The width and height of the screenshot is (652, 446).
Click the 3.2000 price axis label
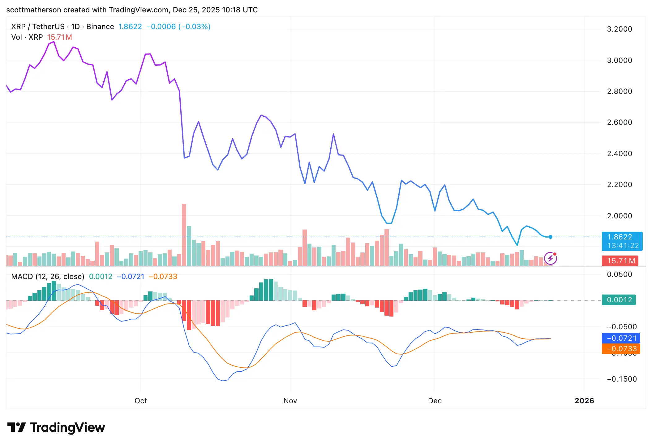pyautogui.click(x=619, y=29)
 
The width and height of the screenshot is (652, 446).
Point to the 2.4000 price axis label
pyautogui.click(x=619, y=154)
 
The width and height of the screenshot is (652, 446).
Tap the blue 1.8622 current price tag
pyautogui.click(x=622, y=241)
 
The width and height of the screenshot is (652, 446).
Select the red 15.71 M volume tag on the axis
pyautogui.click(x=621, y=261)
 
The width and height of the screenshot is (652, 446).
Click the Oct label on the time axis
pyautogui.click(x=140, y=401)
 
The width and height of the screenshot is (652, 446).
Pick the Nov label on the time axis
pyautogui.click(x=290, y=401)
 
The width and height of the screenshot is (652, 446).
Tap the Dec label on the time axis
pyautogui.click(x=435, y=401)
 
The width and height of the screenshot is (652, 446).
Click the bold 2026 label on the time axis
pyautogui.click(x=584, y=401)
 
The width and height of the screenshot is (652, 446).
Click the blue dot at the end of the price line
pyautogui.click(x=551, y=237)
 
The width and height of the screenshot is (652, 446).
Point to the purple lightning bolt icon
pyautogui.click(x=551, y=258)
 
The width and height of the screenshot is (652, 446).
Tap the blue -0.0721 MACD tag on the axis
pyautogui.click(x=621, y=338)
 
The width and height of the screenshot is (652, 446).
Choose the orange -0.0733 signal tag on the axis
pyautogui.click(x=621, y=349)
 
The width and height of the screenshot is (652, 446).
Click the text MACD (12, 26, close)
pyautogui.click(x=48, y=277)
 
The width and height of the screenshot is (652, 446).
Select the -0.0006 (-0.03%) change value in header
pyautogui.click(x=178, y=27)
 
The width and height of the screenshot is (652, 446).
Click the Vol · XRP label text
pyautogui.click(x=27, y=37)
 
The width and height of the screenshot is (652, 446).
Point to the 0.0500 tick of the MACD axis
pyautogui.click(x=619, y=274)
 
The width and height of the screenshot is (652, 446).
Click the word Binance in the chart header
pyautogui.click(x=100, y=27)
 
